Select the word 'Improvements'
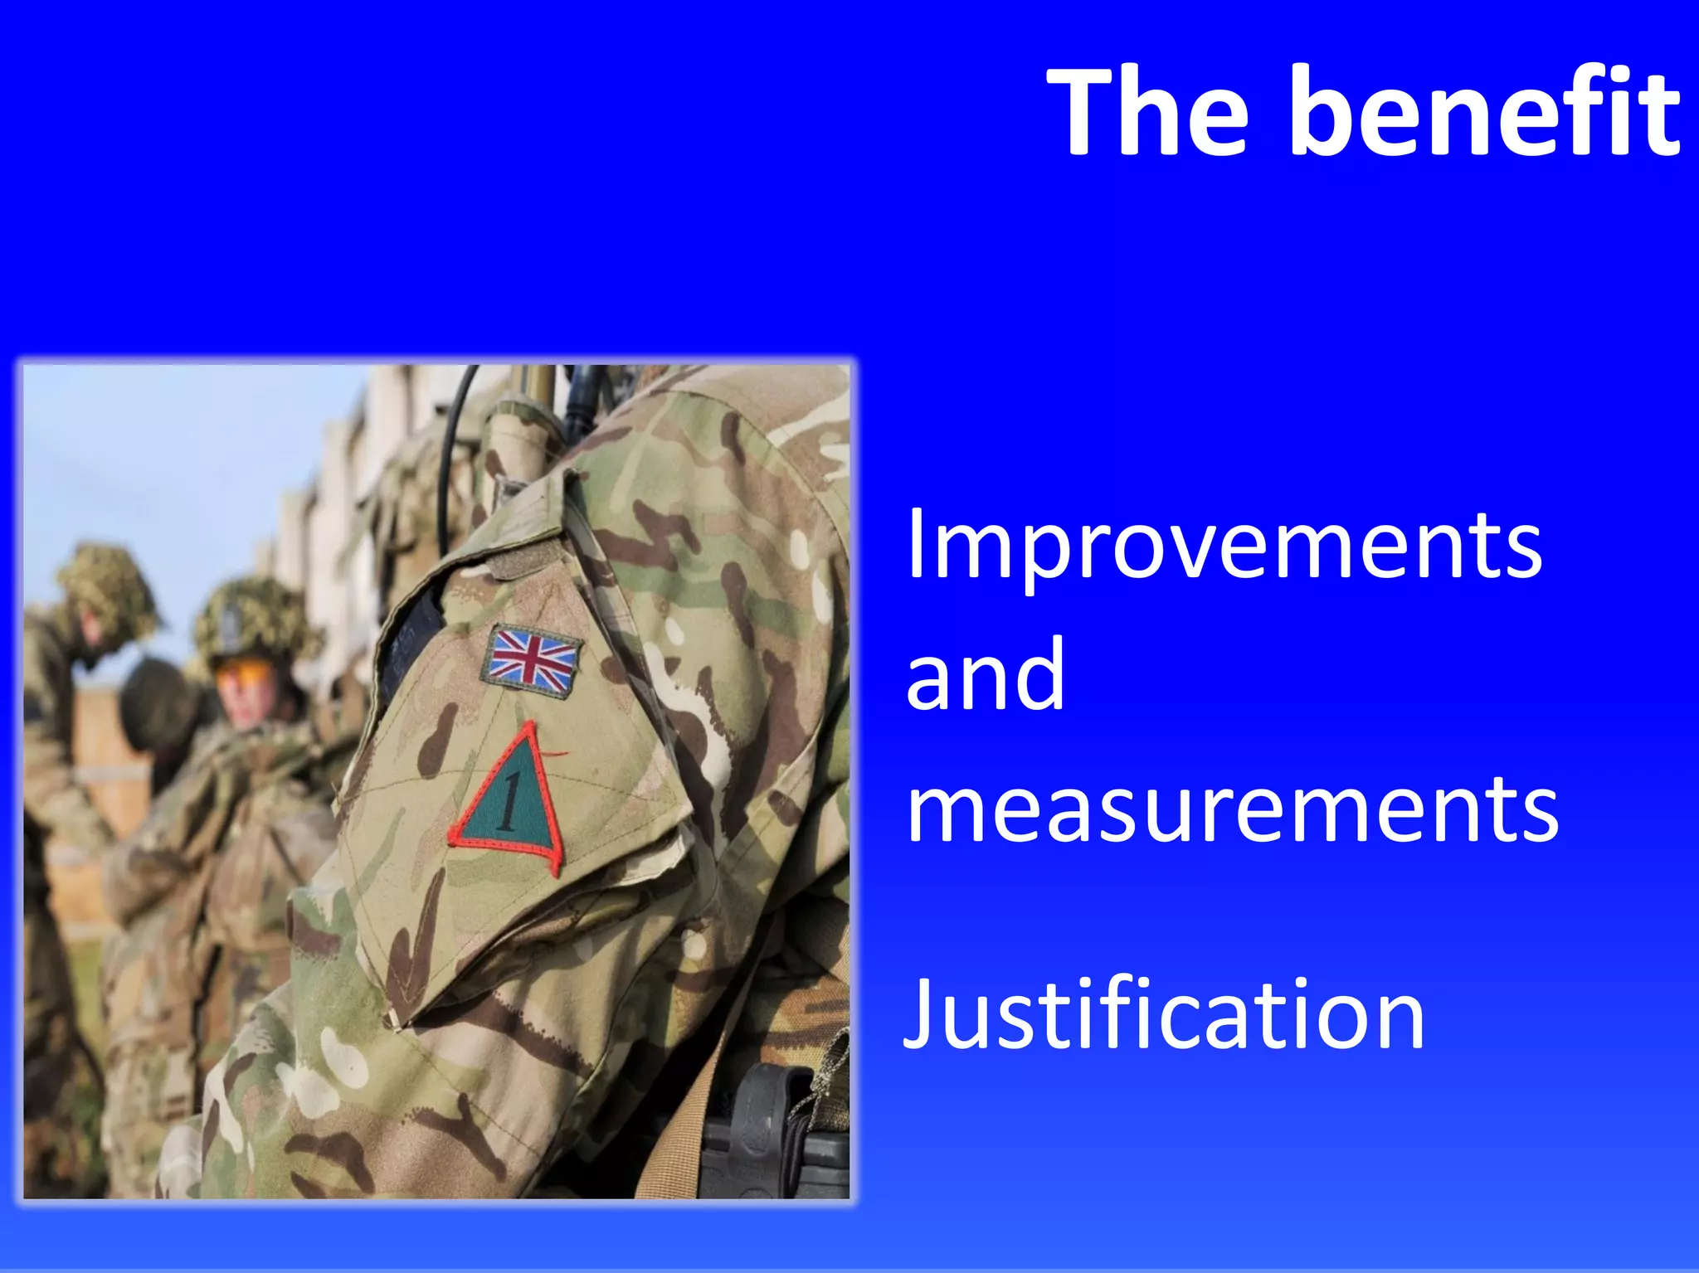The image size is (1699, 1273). tap(1224, 546)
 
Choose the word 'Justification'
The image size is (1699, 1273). tap(1163, 1014)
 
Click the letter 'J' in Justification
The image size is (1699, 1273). tap(922, 1014)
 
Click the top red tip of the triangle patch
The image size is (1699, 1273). tap(528, 726)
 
